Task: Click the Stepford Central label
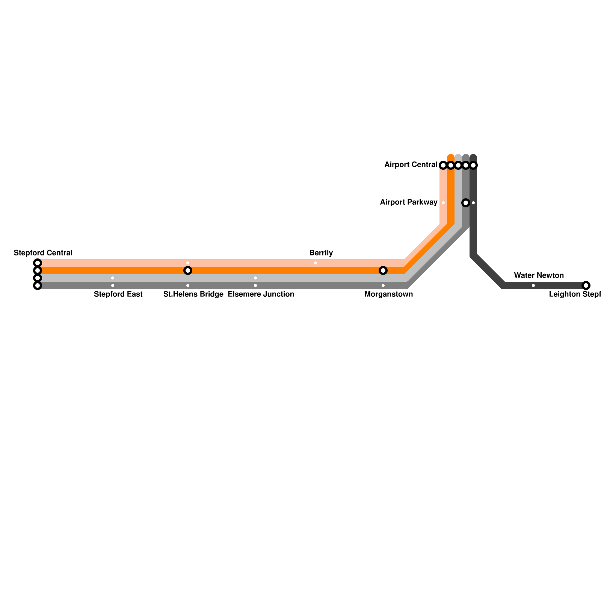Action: (x=43, y=253)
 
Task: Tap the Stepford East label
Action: (x=118, y=294)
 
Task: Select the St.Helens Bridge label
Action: (x=193, y=294)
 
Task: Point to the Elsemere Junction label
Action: (x=261, y=294)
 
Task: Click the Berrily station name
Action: (x=321, y=253)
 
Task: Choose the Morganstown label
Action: (x=388, y=294)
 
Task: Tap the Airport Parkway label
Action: (x=408, y=202)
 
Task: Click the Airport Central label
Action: (x=411, y=165)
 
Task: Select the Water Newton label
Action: (x=539, y=275)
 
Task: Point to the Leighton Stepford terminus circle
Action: (x=586, y=285)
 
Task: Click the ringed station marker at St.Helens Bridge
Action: (x=188, y=270)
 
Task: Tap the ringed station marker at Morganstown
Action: (x=383, y=270)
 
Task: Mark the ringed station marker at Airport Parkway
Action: (x=466, y=203)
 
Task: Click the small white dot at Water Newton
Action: (x=533, y=285)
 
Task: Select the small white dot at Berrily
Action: (x=316, y=263)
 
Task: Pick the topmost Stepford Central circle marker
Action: (x=38, y=263)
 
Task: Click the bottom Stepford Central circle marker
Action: (x=38, y=285)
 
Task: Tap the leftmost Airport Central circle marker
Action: (x=443, y=165)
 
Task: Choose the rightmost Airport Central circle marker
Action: (x=473, y=165)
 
